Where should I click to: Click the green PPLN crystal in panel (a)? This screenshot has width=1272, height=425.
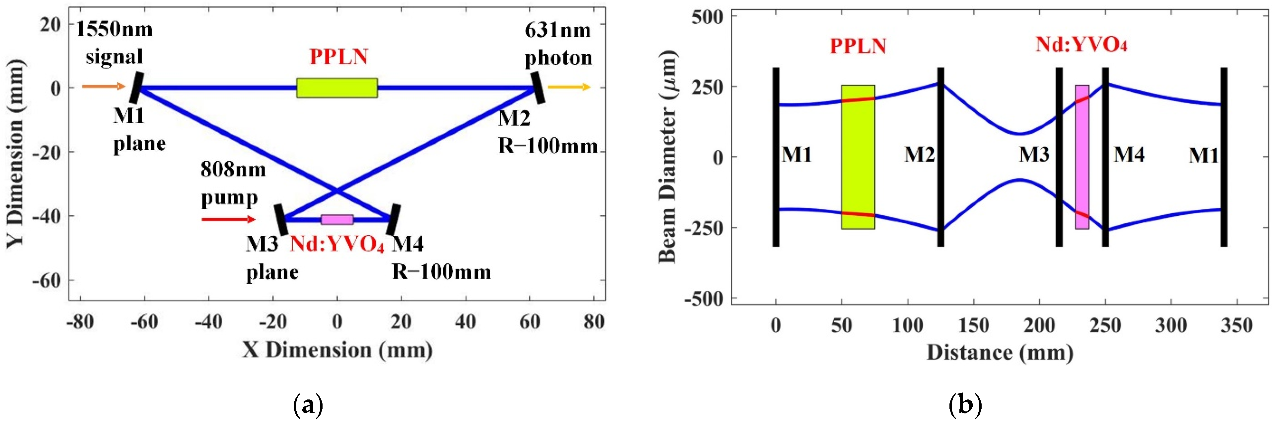(x=337, y=88)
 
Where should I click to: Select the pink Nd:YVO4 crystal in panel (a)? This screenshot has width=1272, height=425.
(x=337, y=220)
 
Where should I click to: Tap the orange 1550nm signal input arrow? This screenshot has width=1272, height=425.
(x=104, y=87)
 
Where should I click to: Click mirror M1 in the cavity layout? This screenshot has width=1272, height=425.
(x=137, y=88)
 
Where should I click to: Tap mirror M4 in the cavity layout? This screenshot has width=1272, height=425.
(x=393, y=220)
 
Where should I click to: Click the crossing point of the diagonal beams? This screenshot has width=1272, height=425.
(x=337, y=190)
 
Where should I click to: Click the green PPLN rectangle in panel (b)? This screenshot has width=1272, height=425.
(x=858, y=157)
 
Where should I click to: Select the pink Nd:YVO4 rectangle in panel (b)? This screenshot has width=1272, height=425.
(x=1082, y=157)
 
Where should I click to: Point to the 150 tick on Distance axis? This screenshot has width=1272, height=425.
(x=973, y=326)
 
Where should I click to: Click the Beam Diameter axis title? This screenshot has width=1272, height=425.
(x=668, y=157)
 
